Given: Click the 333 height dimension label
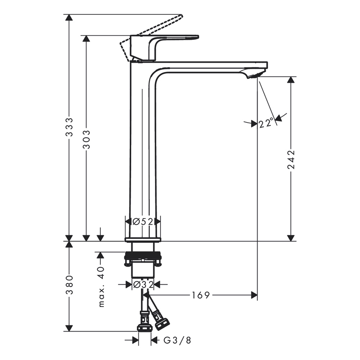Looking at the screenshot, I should point(69,127).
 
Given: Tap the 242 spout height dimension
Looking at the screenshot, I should point(291,159).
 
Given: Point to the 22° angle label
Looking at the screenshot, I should point(266,124).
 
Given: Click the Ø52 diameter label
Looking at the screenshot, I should point(143,221).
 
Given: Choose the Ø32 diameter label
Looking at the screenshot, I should point(143,285).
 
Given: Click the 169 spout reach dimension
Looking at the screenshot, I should point(201,295).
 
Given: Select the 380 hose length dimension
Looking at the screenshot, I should point(69,285).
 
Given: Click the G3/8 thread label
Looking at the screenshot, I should point(171,340).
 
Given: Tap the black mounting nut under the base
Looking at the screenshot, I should point(143,256).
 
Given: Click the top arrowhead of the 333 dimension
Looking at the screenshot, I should point(69,18).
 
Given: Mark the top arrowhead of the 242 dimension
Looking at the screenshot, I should point(291,80).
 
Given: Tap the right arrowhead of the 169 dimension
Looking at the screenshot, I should point(254,295).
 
